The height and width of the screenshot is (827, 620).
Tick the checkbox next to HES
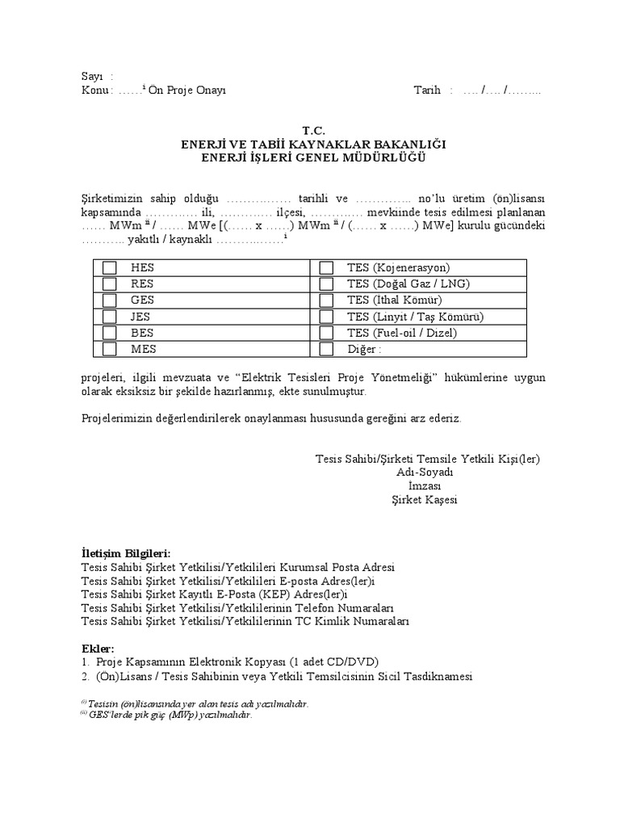click(x=110, y=268)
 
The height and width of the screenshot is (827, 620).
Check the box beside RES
click(x=110, y=284)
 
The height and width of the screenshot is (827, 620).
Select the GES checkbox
click(x=110, y=300)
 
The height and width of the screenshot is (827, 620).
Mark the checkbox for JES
click(x=110, y=317)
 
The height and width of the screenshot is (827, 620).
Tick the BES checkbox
click(x=110, y=333)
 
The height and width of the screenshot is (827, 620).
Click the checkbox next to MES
click(x=110, y=349)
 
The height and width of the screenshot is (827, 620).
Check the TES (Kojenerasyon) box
click(x=326, y=268)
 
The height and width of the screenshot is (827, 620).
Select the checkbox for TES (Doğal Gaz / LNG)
click(x=326, y=284)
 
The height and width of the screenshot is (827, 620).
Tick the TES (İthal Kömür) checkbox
click(x=326, y=300)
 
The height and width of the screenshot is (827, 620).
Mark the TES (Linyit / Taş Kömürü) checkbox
click(x=326, y=317)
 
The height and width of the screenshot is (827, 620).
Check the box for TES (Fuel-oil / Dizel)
click(x=326, y=333)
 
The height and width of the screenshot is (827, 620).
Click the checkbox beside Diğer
click(x=326, y=349)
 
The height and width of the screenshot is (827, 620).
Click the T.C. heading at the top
click(x=312, y=130)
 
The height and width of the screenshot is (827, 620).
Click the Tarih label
click(x=427, y=90)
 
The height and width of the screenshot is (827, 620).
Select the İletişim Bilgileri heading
click(x=126, y=553)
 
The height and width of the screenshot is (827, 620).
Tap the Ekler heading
click(x=98, y=649)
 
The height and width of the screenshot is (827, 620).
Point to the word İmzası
click(x=426, y=486)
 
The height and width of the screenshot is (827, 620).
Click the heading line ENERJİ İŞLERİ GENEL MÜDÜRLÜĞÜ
click(x=312, y=157)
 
